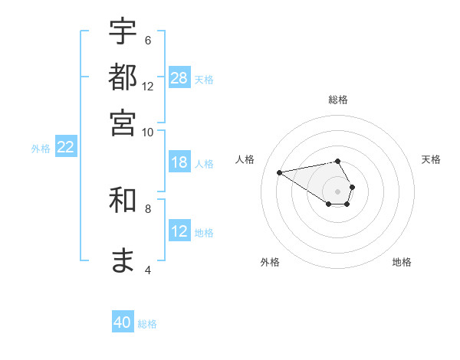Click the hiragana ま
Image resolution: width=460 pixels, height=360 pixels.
pyautogui.click(x=123, y=260)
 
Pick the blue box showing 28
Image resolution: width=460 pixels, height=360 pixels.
pyautogui.click(x=179, y=78)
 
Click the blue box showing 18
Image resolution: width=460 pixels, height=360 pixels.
pyautogui.click(x=179, y=162)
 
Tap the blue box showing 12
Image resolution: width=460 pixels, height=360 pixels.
pyautogui.click(x=179, y=231)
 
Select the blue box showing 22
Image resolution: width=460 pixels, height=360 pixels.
pyautogui.click(x=65, y=147)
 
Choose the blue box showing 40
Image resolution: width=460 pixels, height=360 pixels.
pyautogui.click(x=123, y=322)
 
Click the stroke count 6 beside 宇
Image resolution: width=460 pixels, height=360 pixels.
pyautogui.click(x=148, y=41)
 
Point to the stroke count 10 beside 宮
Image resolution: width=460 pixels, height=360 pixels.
pyautogui.click(x=148, y=132)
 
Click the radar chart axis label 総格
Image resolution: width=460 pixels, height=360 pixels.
pyautogui.click(x=338, y=100)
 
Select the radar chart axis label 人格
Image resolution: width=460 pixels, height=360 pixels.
pyautogui.click(x=245, y=159)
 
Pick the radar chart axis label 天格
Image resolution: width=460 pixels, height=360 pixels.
pyautogui.click(x=431, y=159)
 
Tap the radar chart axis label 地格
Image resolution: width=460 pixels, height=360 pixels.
pyautogui.click(x=402, y=262)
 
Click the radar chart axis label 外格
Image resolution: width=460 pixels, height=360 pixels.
pyautogui.click(x=270, y=262)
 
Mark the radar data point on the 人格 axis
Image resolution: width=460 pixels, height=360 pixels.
pyautogui.click(x=279, y=172)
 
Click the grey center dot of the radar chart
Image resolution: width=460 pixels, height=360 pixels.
pyautogui.click(x=338, y=191)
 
